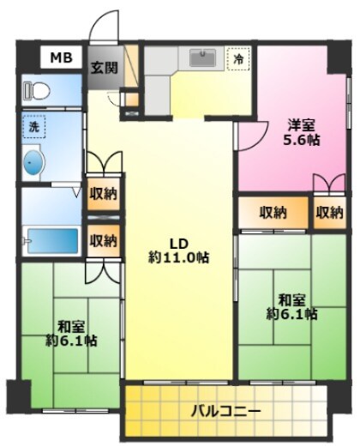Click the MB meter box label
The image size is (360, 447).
tap(61, 57)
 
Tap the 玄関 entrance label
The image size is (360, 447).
tap(105, 68)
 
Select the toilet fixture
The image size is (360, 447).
tap(37, 90)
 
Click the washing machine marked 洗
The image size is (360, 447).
tap(34, 126)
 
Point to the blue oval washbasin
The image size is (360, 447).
tap(34, 162)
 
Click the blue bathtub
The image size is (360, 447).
tap(53, 240)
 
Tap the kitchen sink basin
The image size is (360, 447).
tap(202, 57)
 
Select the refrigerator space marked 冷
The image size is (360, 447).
tap(238, 59)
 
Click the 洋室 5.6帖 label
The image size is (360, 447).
tap(301, 132)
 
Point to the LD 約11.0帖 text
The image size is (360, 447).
tap(179, 251)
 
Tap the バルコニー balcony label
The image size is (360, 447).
tap(225, 412)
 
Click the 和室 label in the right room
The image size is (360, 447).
tap(292, 300)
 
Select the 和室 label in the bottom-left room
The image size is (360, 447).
tap(71, 327)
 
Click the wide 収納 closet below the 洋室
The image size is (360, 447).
tap(273, 213)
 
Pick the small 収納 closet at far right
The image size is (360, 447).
tap(329, 213)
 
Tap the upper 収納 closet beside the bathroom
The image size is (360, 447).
tap(104, 194)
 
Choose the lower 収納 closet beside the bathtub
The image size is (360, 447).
tap(104, 241)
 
